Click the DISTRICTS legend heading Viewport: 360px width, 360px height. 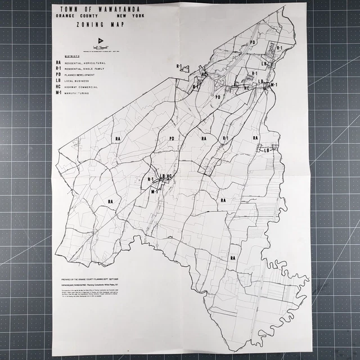point(71,56)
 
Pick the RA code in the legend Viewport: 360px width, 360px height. point(58,63)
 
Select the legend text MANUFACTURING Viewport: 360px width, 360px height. point(85,93)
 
